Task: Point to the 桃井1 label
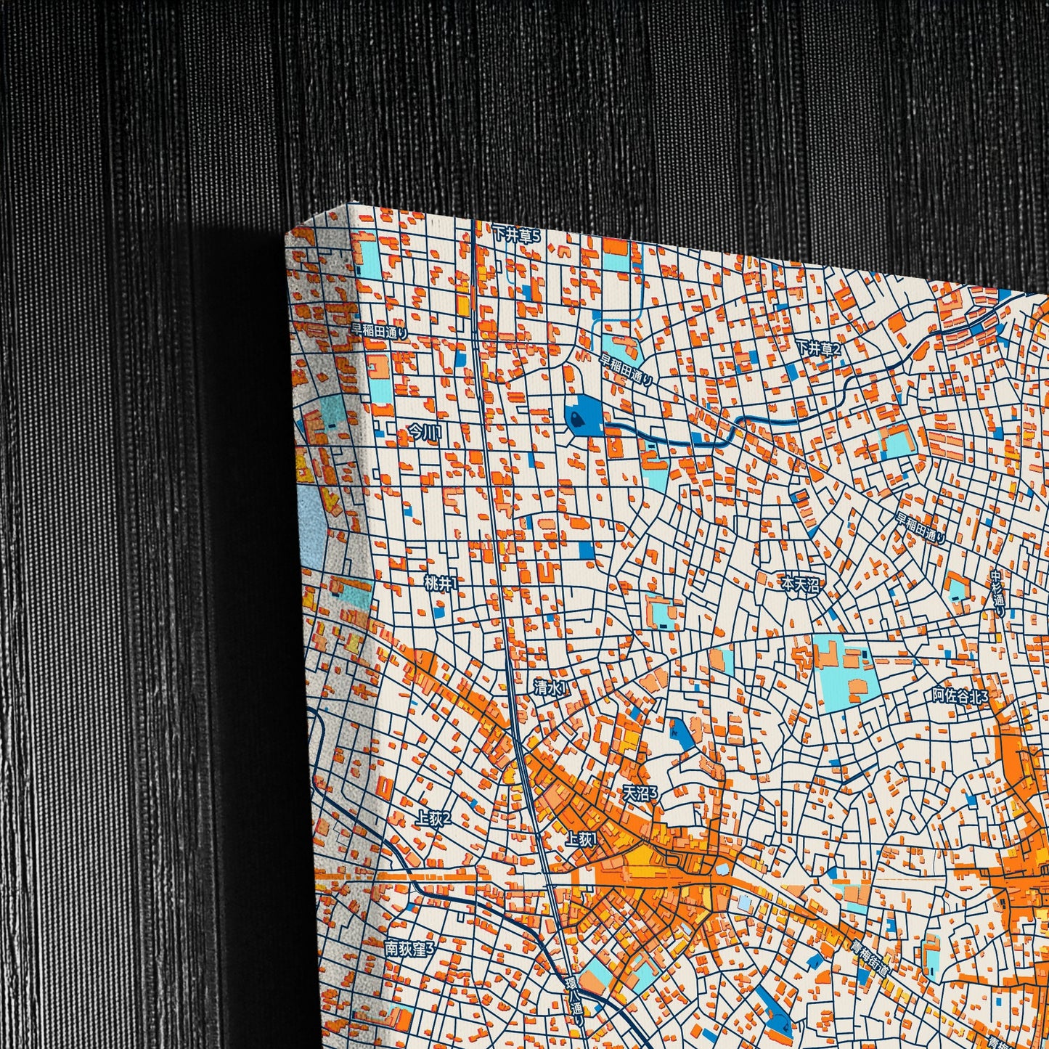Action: [441, 583]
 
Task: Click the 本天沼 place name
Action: [799, 583]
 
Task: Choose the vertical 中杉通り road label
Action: [998, 594]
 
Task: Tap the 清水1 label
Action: [550, 687]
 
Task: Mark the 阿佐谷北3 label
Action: [960, 695]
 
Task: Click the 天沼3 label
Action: [640, 793]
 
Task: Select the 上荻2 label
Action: [433, 819]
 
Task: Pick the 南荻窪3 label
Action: [409, 948]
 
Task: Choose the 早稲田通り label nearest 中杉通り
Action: [920, 528]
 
